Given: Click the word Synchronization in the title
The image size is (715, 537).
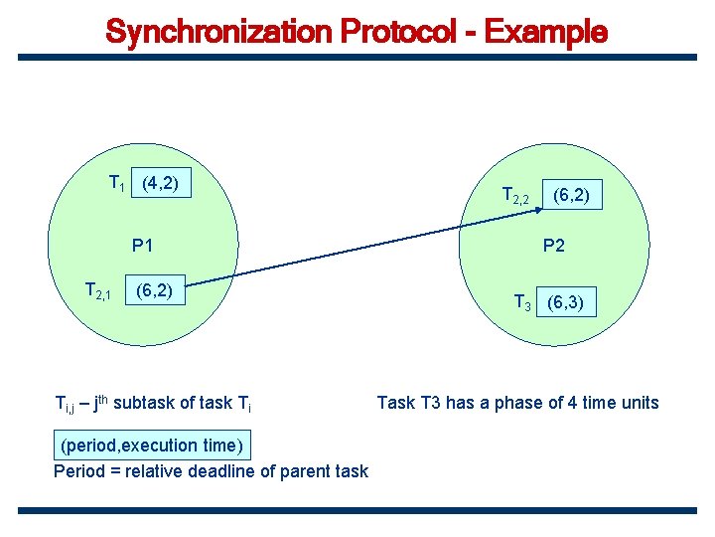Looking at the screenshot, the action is click(218, 32).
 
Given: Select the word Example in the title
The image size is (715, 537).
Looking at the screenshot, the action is click(545, 32).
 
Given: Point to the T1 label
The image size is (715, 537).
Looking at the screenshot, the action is click(117, 183).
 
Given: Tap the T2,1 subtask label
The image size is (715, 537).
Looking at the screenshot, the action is click(100, 291).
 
